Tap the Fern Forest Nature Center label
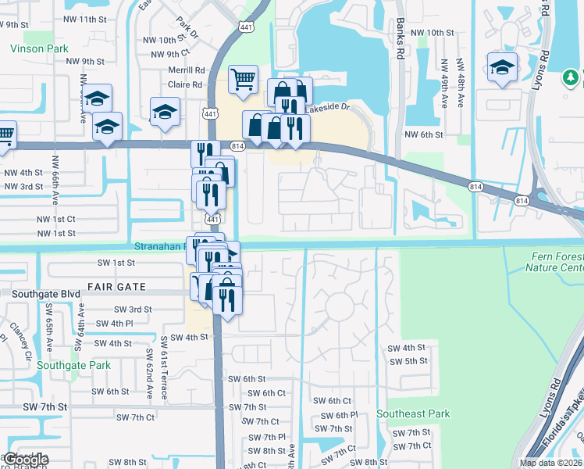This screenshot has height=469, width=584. [555, 262]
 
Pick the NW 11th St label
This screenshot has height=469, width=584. [86, 19]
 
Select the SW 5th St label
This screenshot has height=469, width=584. [408, 361]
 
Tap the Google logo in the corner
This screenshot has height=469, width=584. [26, 460]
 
